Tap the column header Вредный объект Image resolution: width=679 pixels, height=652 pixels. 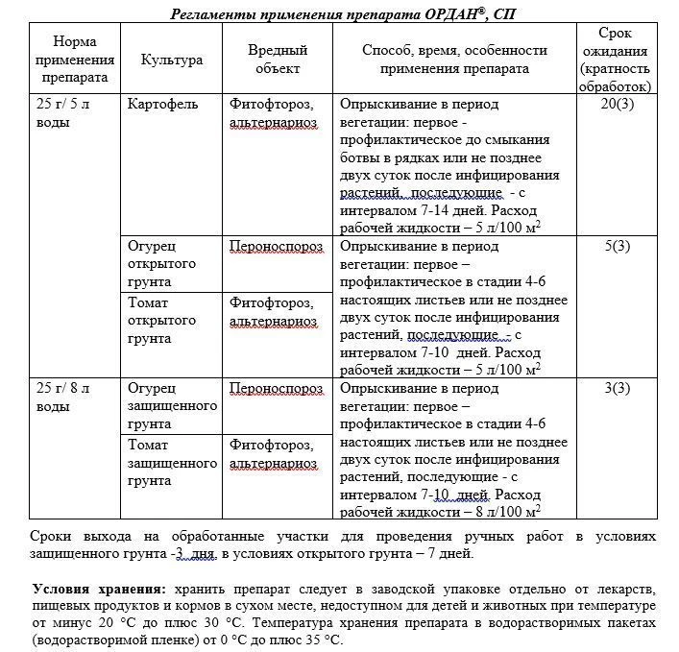click(x=277, y=60)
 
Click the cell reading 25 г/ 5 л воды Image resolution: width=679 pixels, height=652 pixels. click(x=62, y=112)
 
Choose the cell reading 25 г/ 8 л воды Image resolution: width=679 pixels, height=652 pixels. click(x=62, y=397)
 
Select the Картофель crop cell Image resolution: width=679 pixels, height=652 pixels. click(x=162, y=104)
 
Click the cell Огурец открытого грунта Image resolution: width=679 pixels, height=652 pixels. click(x=161, y=264)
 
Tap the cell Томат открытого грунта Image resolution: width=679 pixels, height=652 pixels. click(x=161, y=320)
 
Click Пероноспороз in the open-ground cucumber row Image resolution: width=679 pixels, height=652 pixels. click(x=276, y=246)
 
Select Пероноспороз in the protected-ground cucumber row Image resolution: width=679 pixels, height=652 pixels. click(x=276, y=388)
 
